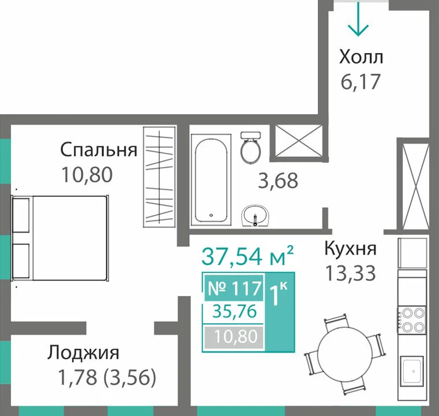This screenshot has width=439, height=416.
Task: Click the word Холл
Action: (361, 57)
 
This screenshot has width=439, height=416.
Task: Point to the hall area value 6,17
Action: (361, 81)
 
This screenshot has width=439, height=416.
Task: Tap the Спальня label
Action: (99, 151)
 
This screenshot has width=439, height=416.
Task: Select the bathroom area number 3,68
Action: (278, 181)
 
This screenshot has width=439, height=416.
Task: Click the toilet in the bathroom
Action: (250, 147)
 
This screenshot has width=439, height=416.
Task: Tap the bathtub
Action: (211, 179)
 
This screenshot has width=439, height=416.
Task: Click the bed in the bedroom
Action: (60, 238)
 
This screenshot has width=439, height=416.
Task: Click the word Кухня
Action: (350, 248)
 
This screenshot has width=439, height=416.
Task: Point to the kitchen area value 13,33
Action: (351, 273)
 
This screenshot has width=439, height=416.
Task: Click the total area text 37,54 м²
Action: (247, 256)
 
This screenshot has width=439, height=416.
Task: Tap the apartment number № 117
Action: (235, 288)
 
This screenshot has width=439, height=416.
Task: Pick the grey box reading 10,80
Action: (234, 336)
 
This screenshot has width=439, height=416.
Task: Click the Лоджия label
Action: (83, 353)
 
